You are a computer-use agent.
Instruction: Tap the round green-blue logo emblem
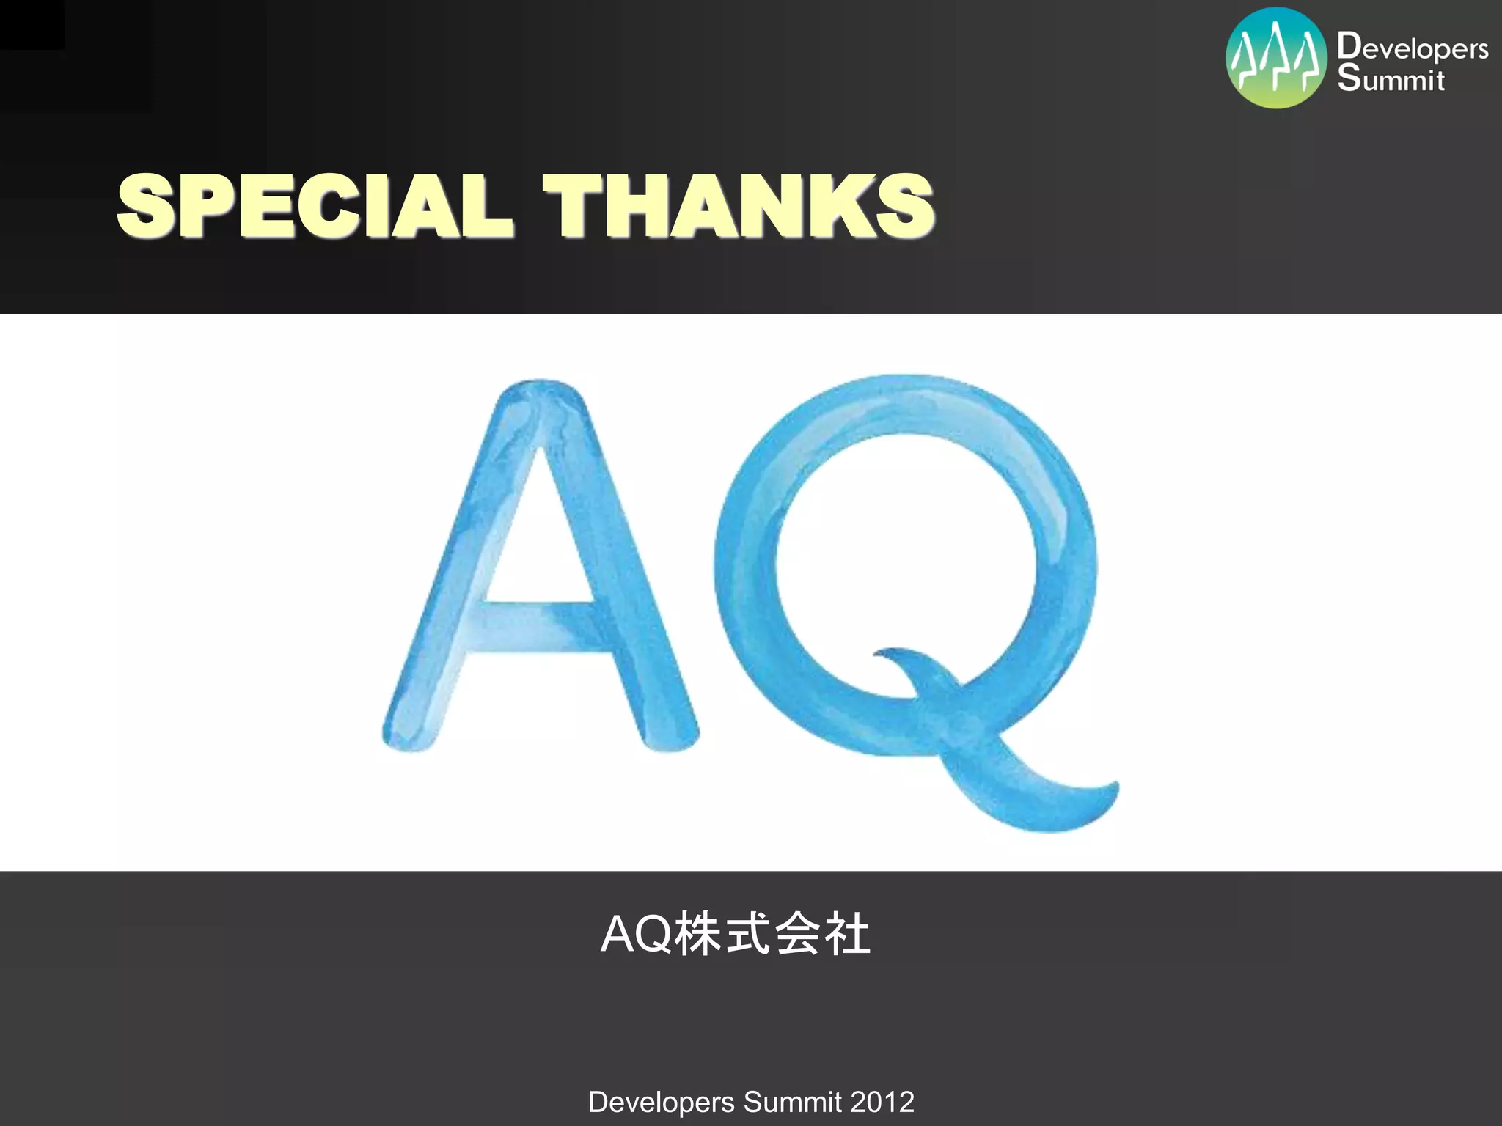[x=1276, y=58]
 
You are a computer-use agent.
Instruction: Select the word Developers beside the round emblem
[x=1413, y=48]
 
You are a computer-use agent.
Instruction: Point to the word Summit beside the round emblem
[x=1391, y=78]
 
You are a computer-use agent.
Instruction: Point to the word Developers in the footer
[x=661, y=1102]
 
